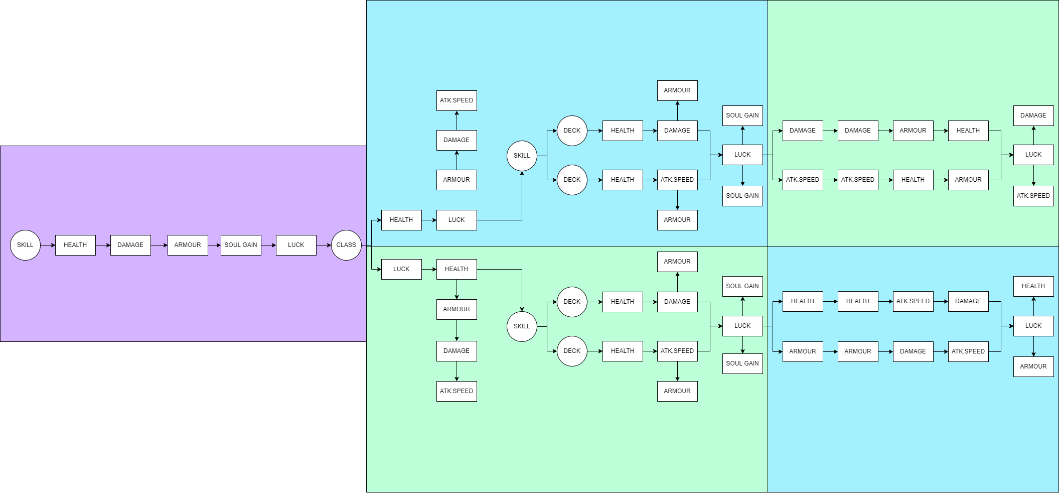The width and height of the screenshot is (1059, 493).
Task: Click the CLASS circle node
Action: [x=346, y=245]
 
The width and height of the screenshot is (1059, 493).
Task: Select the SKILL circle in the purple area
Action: [x=25, y=245]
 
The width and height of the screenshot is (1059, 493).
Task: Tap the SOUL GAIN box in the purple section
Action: [x=241, y=245]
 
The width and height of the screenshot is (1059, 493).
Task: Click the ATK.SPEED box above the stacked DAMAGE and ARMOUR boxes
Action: [x=457, y=100]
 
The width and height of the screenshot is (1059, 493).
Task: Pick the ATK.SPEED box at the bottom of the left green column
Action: [x=457, y=391]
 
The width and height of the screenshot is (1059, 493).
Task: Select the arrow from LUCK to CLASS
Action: [x=324, y=245]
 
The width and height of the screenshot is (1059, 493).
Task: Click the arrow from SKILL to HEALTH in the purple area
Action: [x=48, y=245]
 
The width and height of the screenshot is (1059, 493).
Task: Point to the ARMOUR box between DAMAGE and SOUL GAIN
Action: [x=188, y=245]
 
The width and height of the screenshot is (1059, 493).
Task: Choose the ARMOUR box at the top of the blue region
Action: [x=677, y=90]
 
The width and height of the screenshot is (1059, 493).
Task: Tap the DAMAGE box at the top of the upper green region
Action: [x=1033, y=115]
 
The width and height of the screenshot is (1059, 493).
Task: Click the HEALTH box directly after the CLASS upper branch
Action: [x=401, y=220]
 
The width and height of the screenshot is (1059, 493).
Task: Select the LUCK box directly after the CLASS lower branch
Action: [x=401, y=269]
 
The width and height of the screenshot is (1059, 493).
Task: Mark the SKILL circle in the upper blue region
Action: [x=522, y=156]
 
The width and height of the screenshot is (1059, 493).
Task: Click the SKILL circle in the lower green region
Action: [x=522, y=326]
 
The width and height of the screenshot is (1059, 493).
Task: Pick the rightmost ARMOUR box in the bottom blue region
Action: [x=1033, y=366]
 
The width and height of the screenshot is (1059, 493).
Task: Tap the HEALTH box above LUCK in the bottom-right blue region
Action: [x=1033, y=286]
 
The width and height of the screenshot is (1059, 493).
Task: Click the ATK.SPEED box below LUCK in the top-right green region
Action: [x=1033, y=196]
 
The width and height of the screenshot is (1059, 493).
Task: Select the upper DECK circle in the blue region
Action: [x=572, y=131]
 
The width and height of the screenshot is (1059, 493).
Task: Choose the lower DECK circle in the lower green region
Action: [x=572, y=351]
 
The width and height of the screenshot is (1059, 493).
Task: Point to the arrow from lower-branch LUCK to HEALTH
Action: [x=429, y=269]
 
